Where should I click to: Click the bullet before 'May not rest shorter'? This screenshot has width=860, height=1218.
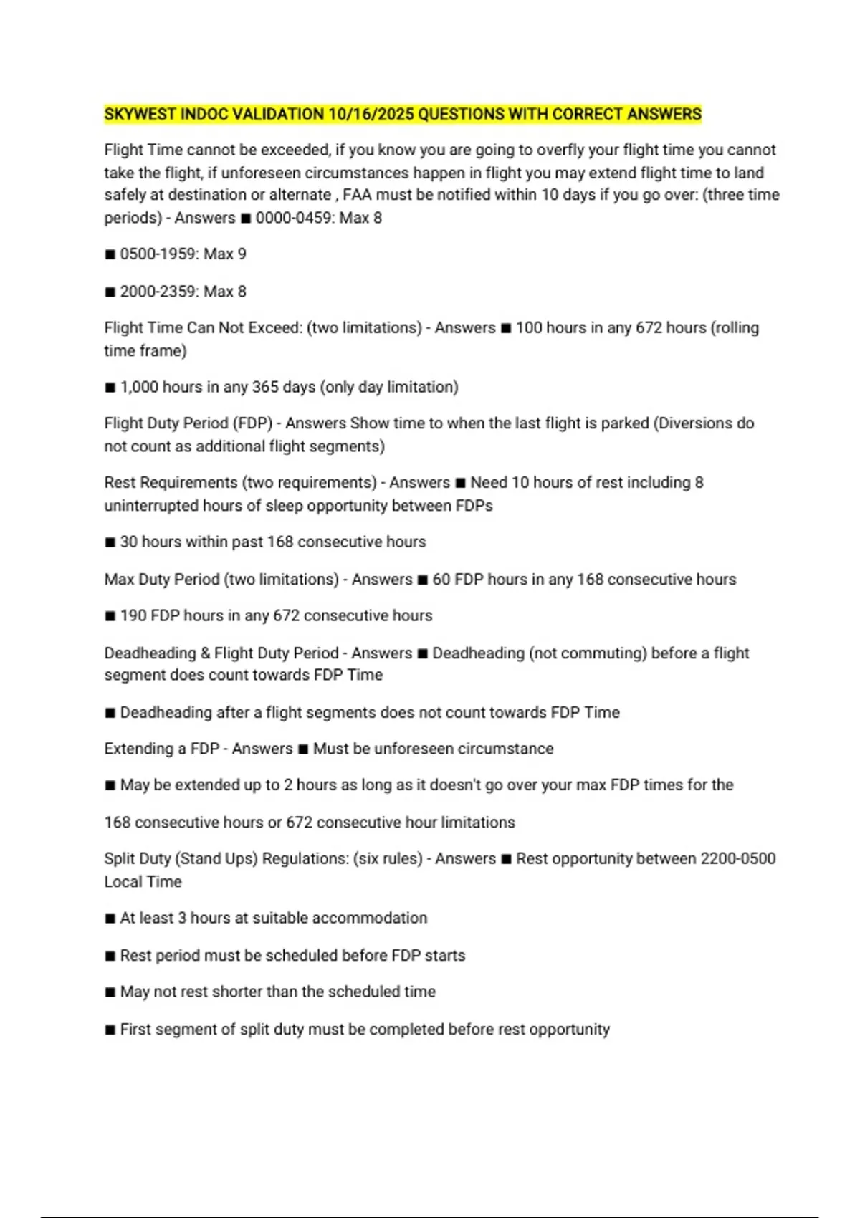[x=110, y=992]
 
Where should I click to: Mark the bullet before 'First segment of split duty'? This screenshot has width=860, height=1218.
[x=110, y=1030]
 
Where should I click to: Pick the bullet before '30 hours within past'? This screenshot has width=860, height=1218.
[x=110, y=542]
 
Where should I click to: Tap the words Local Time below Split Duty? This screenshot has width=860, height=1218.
[x=143, y=881]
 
